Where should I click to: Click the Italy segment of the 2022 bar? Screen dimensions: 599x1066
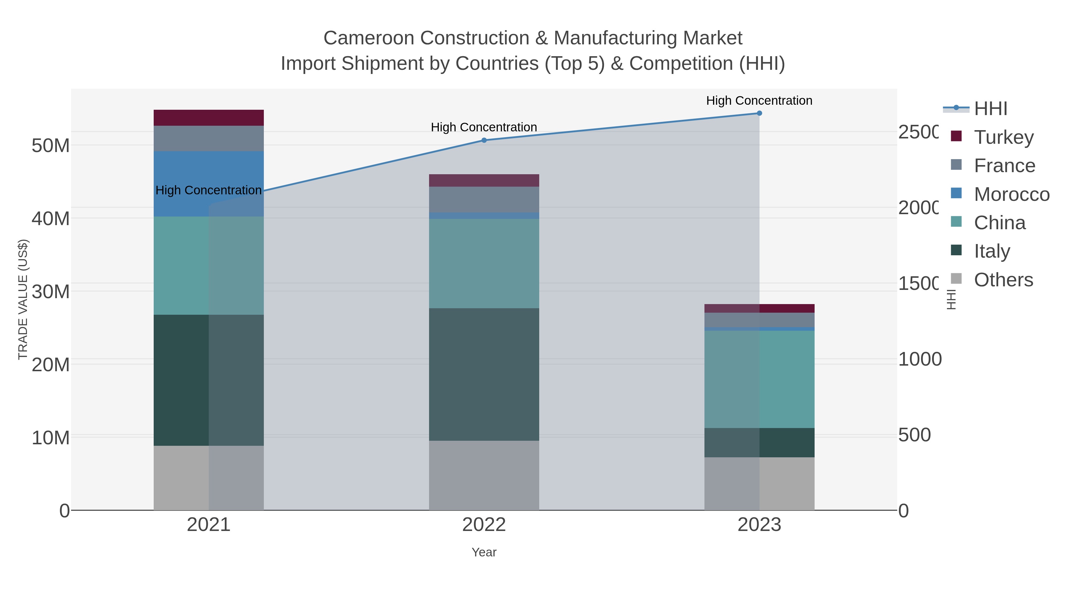484,374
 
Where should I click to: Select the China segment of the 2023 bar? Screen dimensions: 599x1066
759,379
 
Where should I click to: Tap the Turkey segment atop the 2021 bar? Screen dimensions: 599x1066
208,118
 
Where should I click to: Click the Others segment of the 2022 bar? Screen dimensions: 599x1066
484,475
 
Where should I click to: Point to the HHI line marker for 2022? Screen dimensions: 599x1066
484,140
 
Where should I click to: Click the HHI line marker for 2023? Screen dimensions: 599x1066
759,113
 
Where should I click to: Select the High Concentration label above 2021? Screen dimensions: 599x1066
208,190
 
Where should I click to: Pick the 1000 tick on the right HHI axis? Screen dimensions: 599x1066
919,359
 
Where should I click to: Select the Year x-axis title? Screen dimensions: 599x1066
484,552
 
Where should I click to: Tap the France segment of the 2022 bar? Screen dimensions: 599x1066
484,200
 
